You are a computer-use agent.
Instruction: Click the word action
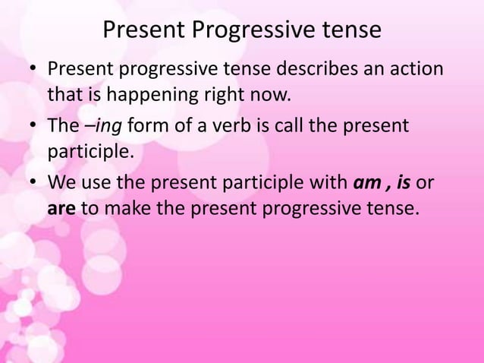(417, 71)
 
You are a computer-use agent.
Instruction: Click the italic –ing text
(112, 125)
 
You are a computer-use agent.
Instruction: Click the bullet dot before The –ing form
(33, 126)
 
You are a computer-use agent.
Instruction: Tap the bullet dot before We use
(33, 181)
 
